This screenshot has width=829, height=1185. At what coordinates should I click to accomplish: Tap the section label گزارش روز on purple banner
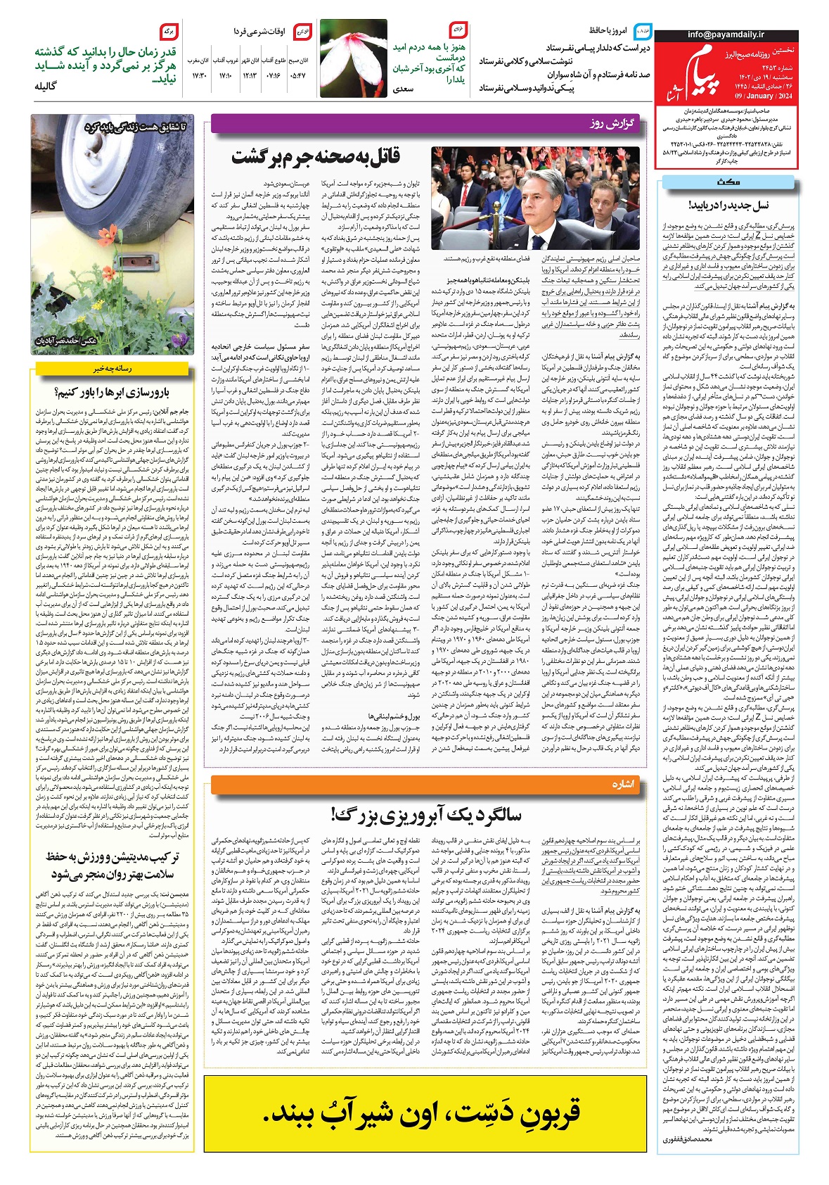coord(612,125)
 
